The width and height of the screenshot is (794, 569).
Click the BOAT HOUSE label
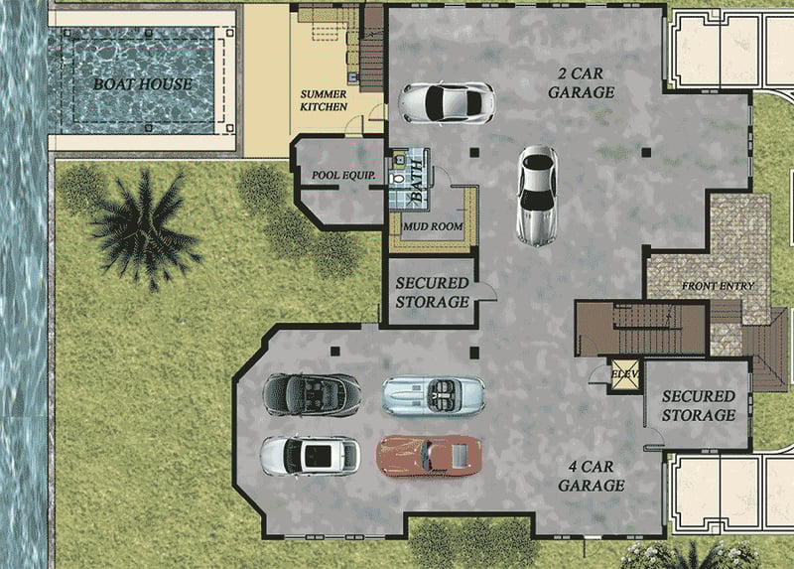click(143, 83)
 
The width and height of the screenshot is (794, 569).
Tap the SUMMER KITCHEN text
click(324, 100)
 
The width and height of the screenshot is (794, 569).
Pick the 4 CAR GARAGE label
click(591, 477)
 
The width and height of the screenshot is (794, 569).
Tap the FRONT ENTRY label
click(717, 286)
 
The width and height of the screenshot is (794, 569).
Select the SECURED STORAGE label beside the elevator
click(698, 405)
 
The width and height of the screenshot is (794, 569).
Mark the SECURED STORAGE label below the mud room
click(432, 292)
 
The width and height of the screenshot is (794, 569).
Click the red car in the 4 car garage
click(430, 455)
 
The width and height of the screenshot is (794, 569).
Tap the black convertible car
click(311, 394)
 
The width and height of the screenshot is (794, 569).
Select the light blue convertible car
click(434, 395)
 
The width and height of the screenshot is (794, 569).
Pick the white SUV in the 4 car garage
click(310, 456)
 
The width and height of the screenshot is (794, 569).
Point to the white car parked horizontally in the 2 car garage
click(446, 100)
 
